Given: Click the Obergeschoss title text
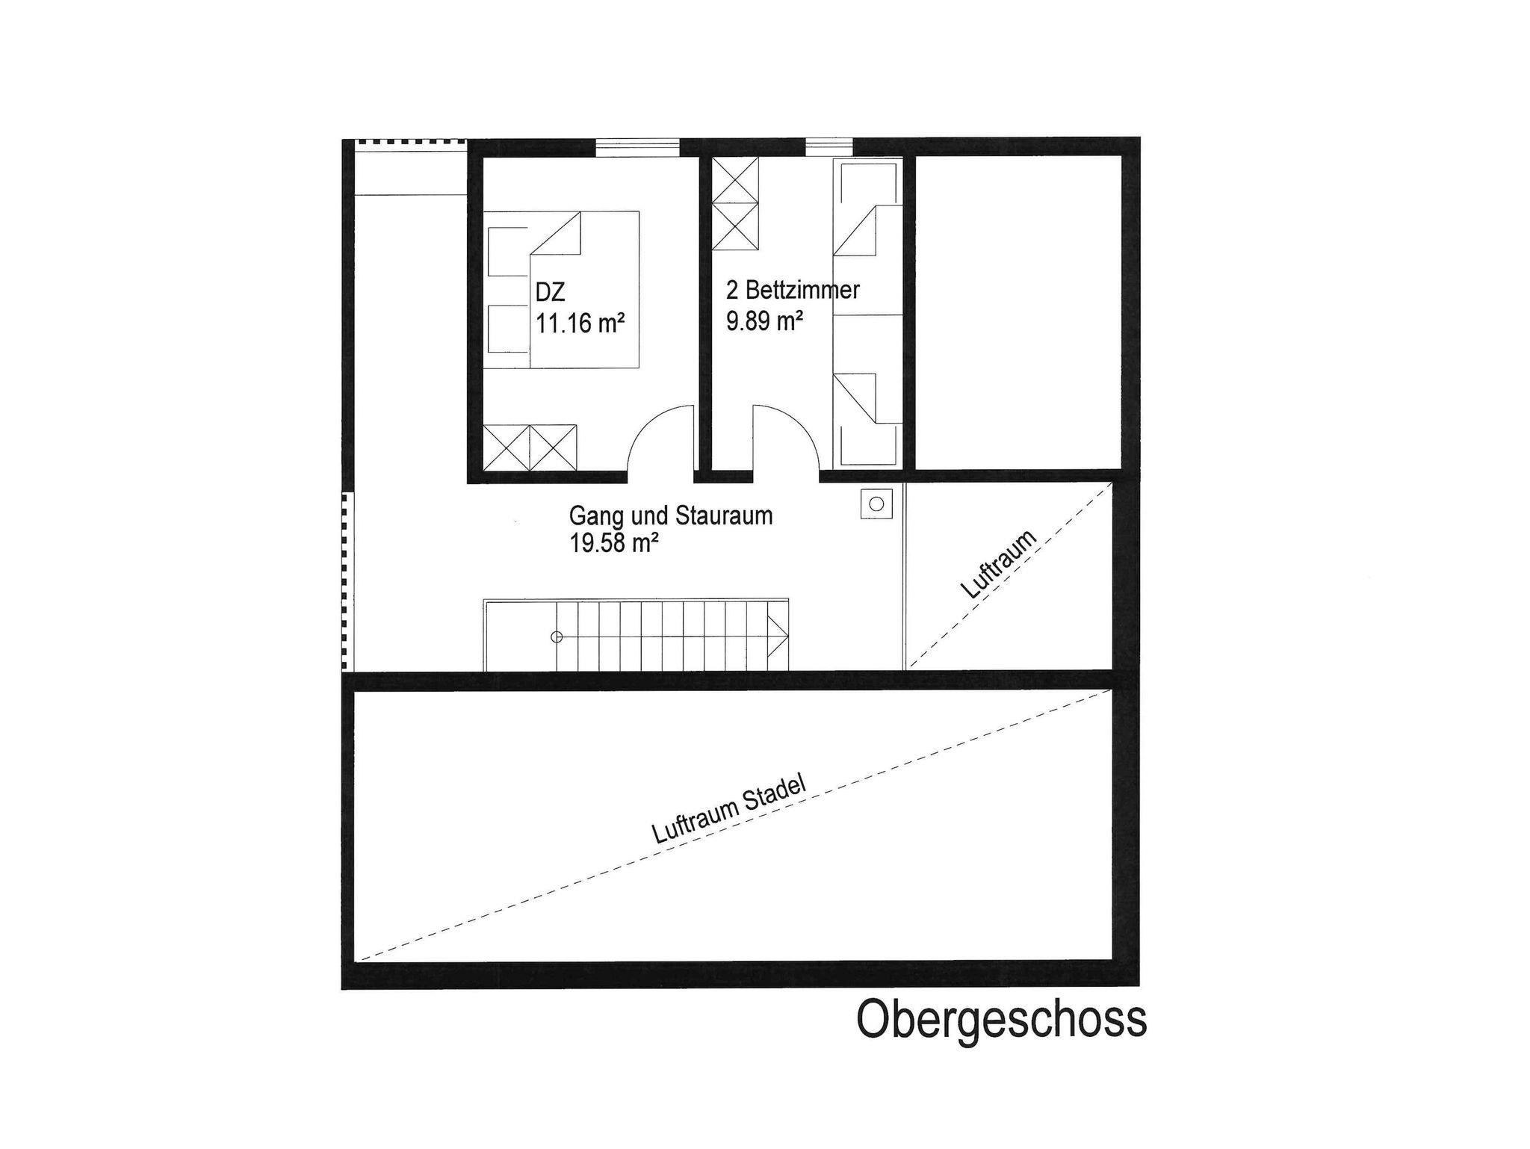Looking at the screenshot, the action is (1001, 1021).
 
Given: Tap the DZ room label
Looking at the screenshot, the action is (550, 292).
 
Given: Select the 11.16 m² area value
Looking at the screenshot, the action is (580, 323).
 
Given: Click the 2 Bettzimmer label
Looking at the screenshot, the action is (793, 290).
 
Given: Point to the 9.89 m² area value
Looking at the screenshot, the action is (764, 321).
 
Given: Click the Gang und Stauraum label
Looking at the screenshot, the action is (671, 515).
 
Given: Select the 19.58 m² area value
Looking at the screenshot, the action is (614, 543).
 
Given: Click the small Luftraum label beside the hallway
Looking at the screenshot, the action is (1000, 564).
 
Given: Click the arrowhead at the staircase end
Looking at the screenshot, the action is (779, 637).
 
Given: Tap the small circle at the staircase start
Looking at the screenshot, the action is (556, 637).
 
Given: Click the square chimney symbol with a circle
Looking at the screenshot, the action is (876, 504).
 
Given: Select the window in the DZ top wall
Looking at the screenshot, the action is (637, 147).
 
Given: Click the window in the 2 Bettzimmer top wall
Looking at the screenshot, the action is (829, 147).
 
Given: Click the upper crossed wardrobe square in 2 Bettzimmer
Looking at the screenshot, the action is (735, 180).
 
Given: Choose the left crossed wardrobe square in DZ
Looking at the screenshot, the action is (507, 447).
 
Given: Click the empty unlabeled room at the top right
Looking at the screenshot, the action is (1019, 312).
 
